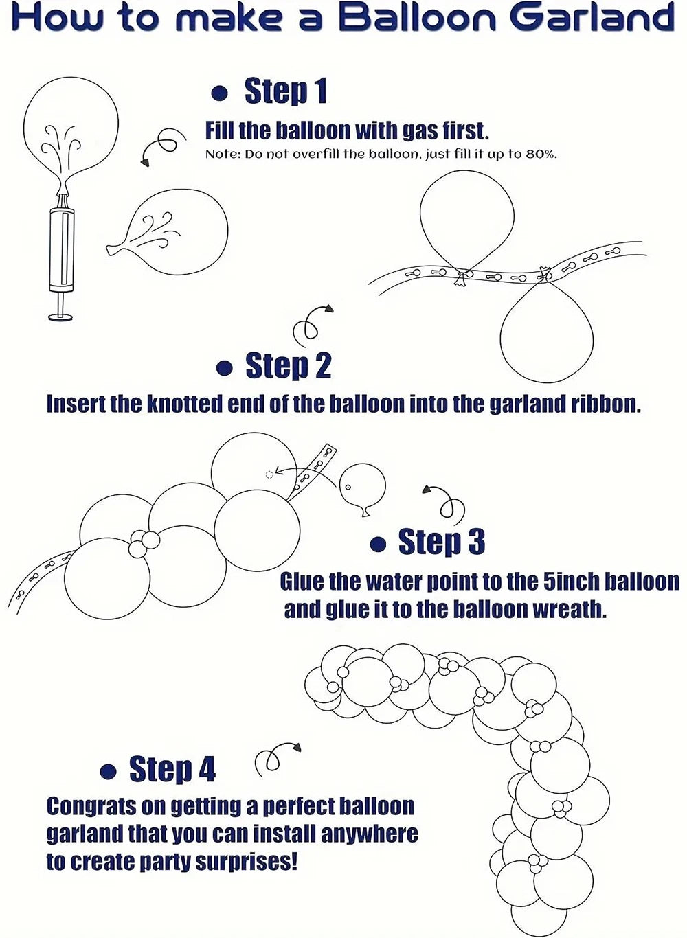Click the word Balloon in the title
(417, 18)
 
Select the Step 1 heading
(285, 91)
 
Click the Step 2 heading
(289, 365)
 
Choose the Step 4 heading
(172, 769)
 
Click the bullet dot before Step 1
(220, 93)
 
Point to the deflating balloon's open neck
(112, 250)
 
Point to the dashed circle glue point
(269, 474)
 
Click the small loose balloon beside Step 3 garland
(362, 486)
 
